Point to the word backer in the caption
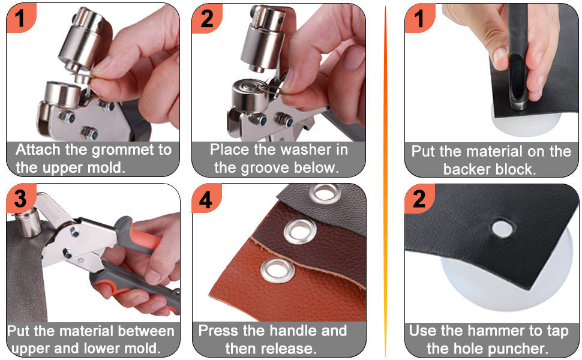click(x=466, y=170)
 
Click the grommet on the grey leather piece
click(x=325, y=194)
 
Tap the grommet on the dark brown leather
click(x=301, y=232)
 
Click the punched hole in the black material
click(x=503, y=228)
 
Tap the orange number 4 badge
click(x=206, y=199)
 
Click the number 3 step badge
click(x=21, y=198)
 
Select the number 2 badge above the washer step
click(x=206, y=18)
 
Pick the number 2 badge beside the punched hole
click(x=419, y=199)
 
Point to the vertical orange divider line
click(x=385, y=181)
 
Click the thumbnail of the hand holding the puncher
click(x=491, y=73)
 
